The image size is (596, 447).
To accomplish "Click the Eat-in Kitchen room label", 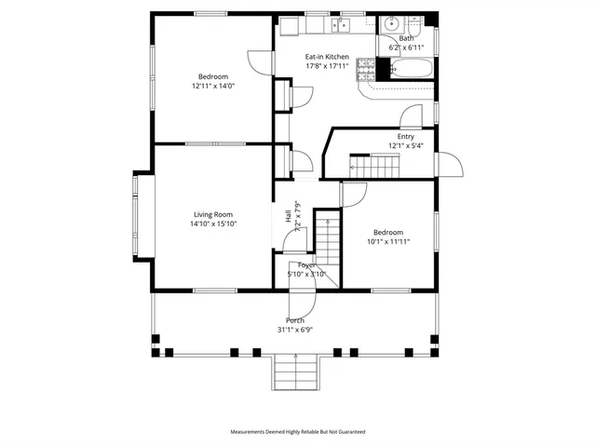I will click(328, 57).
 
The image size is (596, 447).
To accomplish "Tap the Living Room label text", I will click(213, 214).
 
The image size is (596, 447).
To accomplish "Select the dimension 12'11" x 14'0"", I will click(213, 86).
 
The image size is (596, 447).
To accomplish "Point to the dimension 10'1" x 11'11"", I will click(388, 241).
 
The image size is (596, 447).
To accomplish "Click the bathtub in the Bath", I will click(411, 68).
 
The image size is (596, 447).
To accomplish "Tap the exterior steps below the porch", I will click(295, 374).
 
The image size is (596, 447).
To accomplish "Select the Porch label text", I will click(295, 320).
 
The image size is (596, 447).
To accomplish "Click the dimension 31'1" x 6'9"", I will click(295, 330).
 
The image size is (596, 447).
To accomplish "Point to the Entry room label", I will click(405, 137).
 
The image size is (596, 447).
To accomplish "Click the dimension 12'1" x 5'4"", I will click(405, 146).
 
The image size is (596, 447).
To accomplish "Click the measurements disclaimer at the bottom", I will click(298, 432).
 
